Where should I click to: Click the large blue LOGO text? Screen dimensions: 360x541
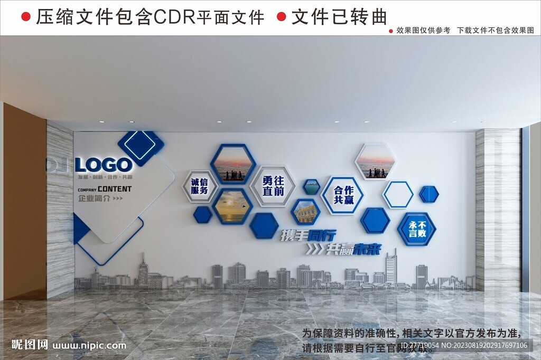click(104, 165)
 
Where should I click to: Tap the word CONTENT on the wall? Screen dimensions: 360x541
click(115, 189)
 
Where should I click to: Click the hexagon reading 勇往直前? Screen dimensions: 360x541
click(273, 185)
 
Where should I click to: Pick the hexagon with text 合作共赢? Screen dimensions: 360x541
click(343, 195)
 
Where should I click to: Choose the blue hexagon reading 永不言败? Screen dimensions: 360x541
click(417, 229)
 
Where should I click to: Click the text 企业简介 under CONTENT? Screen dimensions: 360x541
click(93, 198)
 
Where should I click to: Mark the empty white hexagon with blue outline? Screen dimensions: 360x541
click(398, 195)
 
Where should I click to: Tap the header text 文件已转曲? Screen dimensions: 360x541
click(339, 17)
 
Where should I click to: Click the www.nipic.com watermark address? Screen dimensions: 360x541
click(90, 346)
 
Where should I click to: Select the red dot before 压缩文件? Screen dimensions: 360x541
click(25, 17)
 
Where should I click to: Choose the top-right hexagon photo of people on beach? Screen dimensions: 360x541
click(376, 162)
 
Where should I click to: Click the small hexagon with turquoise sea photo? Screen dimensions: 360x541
click(311, 186)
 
